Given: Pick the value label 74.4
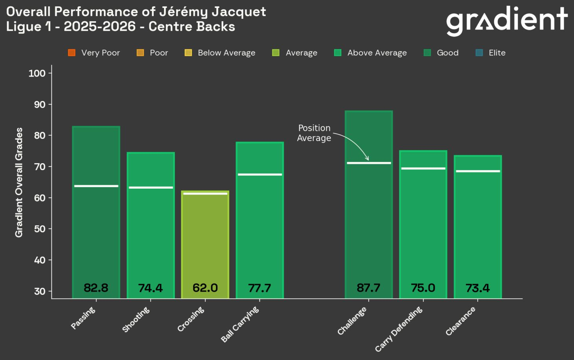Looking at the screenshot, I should click(x=151, y=288).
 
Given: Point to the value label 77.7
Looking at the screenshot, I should click(x=259, y=288).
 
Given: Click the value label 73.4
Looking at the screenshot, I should click(x=478, y=288).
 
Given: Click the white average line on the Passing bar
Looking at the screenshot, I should click(x=96, y=186).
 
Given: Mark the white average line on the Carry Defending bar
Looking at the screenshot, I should click(x=423, y=169).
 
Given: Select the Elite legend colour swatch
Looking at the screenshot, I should click(x=479, y=53).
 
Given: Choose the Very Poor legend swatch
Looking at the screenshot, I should click(x=72, y=53).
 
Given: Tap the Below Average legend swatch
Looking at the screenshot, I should click(x=188, y=53).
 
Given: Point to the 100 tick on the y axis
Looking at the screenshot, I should click(x=37, y=73).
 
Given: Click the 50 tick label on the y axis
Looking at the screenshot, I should click(x=40, y=229).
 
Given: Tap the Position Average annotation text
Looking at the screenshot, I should click(x=314, y=133).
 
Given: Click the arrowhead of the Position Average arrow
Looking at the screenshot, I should click(x=368, y=159).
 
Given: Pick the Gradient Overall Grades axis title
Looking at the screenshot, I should click(x=19, y=182).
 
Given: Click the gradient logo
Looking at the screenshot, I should click(x=507, y=20).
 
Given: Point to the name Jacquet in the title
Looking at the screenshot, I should click(x=239, y=12).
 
